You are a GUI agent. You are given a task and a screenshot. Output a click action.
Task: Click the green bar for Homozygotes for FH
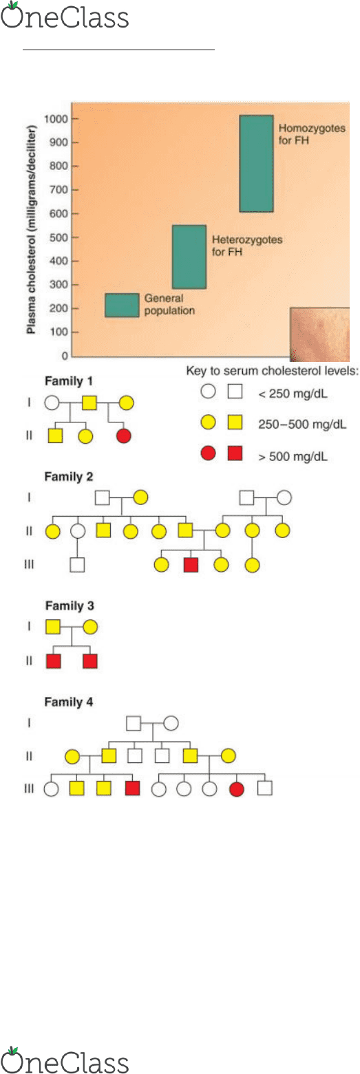click(256, 164)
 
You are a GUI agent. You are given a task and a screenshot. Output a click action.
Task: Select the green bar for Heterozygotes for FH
click(189, 257)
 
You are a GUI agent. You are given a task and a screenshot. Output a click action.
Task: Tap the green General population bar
click(122, 305)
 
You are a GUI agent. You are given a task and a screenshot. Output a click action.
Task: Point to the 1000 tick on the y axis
click(56, 119)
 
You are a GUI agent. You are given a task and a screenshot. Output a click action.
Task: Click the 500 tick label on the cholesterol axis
click(59, 237)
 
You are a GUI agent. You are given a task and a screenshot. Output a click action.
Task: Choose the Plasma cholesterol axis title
click(31, 230)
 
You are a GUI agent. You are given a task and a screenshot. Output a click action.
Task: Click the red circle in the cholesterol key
click(208, 453)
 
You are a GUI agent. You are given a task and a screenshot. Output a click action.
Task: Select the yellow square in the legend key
click(235, 422)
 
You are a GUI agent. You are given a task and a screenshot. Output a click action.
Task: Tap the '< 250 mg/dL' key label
click(293, 394)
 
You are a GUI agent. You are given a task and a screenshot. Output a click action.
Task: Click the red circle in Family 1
click(124, 436)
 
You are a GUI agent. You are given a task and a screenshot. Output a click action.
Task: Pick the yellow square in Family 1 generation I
click(89, 403)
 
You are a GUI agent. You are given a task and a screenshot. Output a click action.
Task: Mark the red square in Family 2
click(191, 565)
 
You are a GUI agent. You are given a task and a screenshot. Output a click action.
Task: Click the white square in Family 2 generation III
click(77, 565)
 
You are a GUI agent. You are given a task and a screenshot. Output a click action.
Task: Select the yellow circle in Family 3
click(90, 627)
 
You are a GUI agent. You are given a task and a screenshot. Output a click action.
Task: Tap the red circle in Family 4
click(236, 788)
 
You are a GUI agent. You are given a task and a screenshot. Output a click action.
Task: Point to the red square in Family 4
click(132, 788)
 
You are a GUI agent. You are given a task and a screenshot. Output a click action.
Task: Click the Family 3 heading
click(70, 606)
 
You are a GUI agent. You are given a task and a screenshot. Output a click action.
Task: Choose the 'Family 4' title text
click(69, 702)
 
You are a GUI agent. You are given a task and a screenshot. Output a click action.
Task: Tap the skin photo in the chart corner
click(319, 334)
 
